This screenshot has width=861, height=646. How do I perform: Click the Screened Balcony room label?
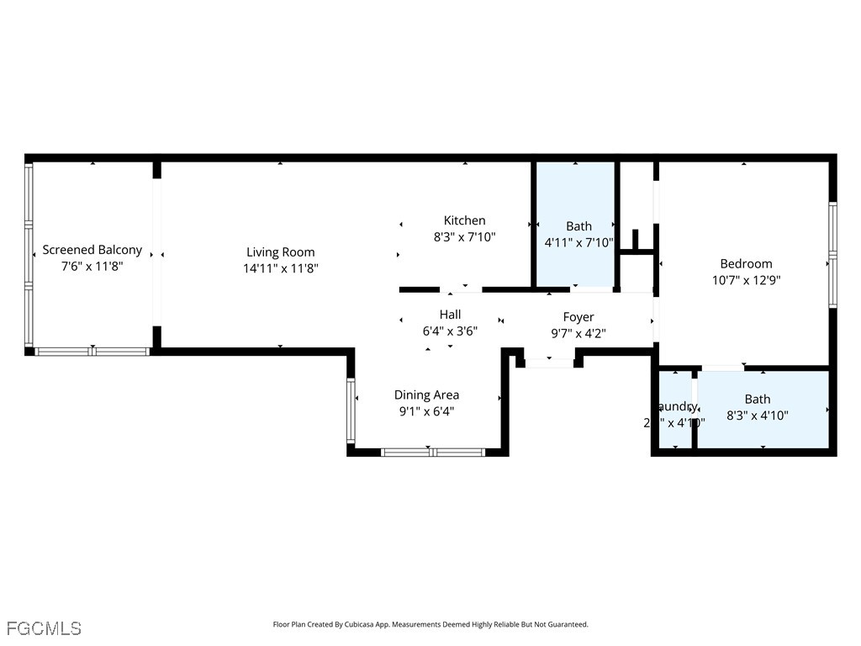[92, 250]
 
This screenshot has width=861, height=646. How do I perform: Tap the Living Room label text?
[280, 252]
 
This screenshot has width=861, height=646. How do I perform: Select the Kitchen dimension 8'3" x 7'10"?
[464, 237]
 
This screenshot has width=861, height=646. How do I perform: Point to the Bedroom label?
[746, 263]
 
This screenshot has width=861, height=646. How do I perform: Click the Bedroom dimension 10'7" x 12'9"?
[746, 280]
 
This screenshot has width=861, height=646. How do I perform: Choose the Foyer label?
[578, 317]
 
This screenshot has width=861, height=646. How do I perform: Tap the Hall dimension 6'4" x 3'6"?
[450, 331]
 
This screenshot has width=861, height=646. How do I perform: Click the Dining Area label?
[426, 394]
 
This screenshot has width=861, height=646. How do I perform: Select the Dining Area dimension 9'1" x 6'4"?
[426, 411]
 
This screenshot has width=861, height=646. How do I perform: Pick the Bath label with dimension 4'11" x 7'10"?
[578, 225]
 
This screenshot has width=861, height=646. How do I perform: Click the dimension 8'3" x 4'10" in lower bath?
[757, 415]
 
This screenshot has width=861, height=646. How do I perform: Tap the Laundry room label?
[677, 406]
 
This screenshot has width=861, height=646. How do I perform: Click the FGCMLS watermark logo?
[44, 627]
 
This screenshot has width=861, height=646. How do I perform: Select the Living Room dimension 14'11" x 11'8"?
[280, 268]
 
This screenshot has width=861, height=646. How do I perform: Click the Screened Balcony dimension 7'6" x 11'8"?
[92, 267]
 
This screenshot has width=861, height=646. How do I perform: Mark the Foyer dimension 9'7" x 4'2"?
[578, 333]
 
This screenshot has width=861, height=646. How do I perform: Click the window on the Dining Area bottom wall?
[432, 452]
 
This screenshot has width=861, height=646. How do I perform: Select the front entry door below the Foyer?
[549, 363]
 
